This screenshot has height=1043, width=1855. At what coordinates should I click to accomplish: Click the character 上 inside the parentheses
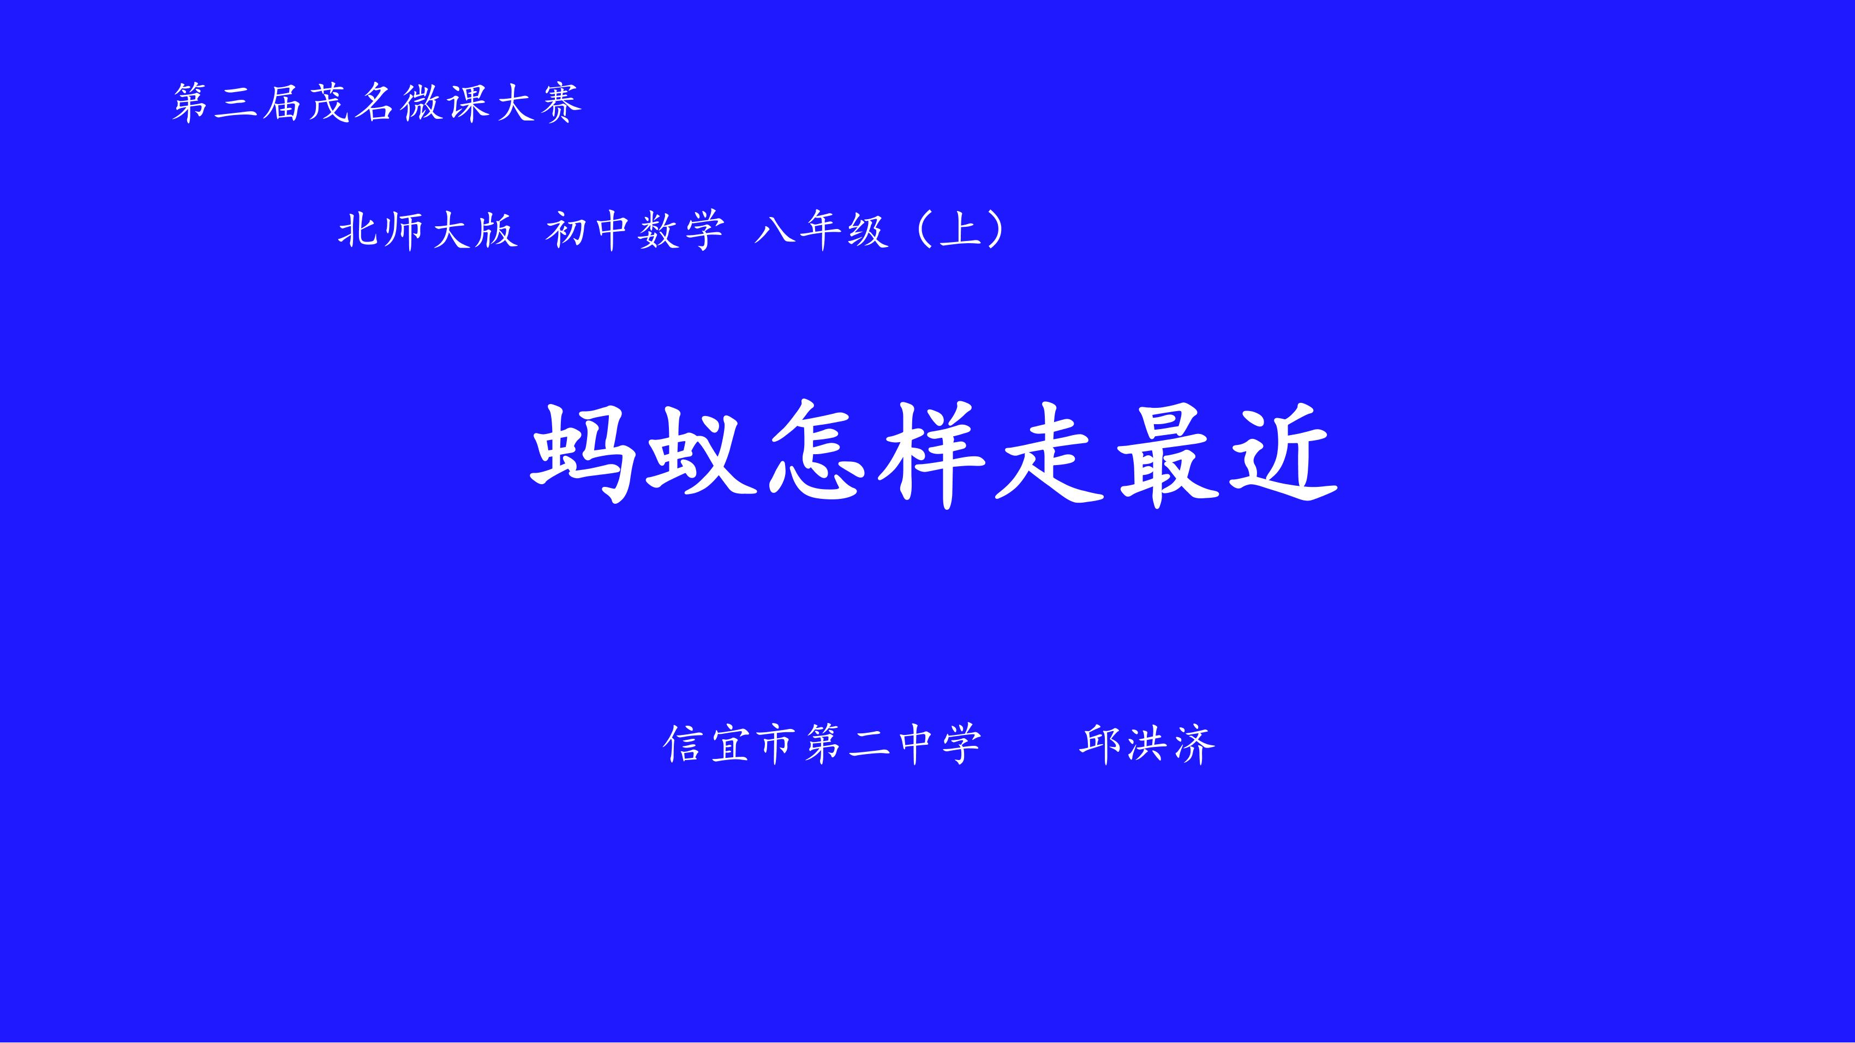pos(961,230)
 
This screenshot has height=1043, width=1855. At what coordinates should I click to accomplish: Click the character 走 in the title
pos(1049,455)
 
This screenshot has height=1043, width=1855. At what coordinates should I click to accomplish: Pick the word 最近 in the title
pos(1227,455)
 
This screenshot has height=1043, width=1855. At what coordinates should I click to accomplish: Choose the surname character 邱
pos(1100,744)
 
